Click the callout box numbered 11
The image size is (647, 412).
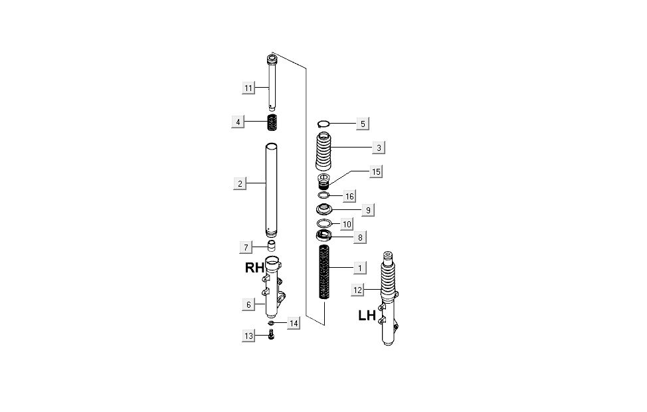[248, 88]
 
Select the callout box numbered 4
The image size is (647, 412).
[238, 122]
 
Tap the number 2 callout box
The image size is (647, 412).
[240, 183]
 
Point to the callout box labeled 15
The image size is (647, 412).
[376, 171]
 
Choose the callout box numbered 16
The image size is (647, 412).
[349, 196]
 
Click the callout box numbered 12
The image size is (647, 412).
[358, 290]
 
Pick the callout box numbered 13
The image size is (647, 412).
[248, 336]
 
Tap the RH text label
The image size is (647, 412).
[254, 268]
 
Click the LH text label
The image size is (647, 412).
[367, 316]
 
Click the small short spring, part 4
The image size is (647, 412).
[272, 123]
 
